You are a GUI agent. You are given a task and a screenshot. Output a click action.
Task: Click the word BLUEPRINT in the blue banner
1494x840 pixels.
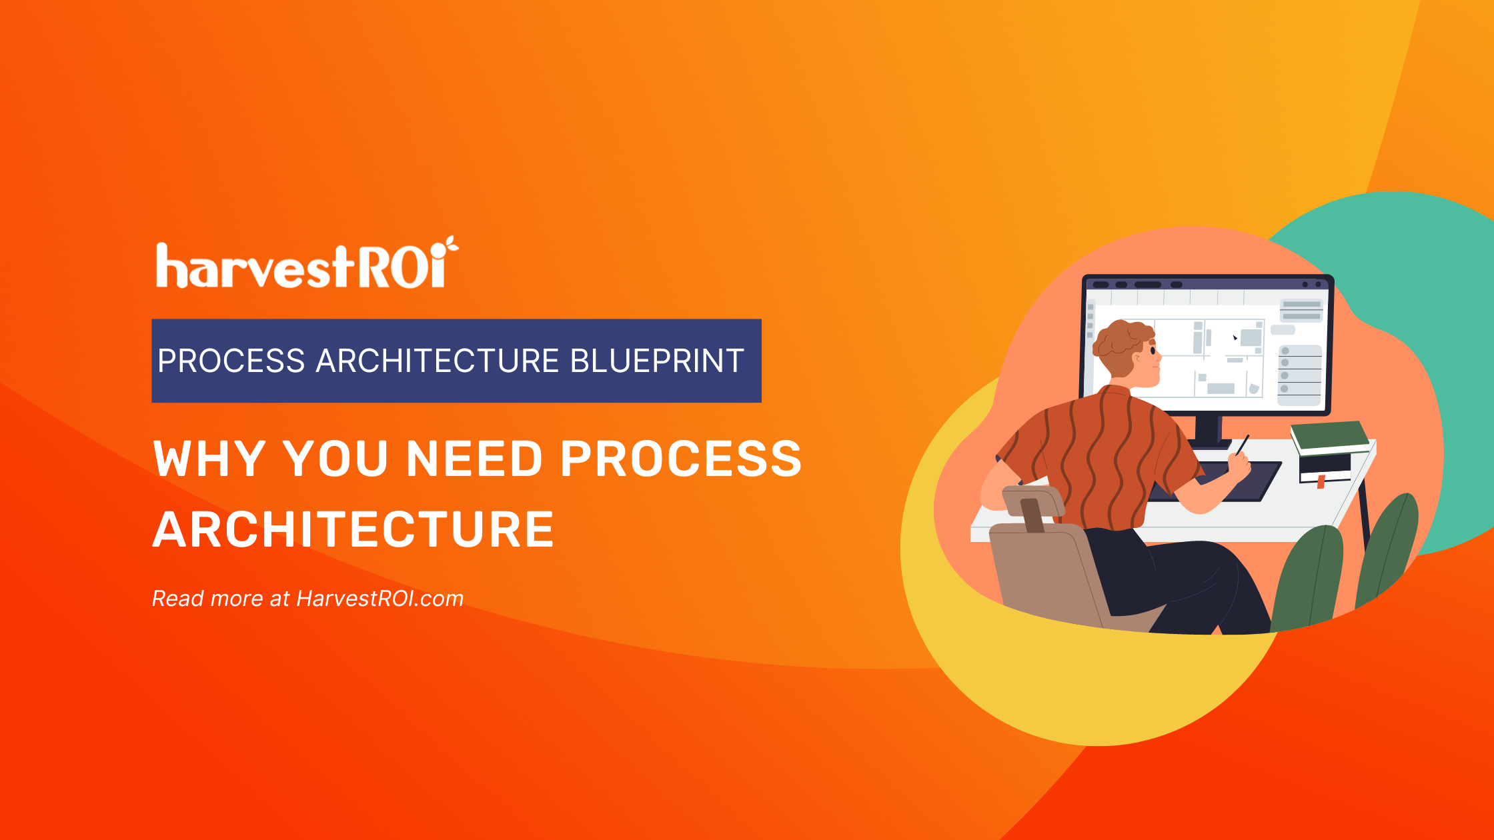(656, 361)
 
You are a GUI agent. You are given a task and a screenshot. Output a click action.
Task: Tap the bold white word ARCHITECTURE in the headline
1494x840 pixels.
(353, 529)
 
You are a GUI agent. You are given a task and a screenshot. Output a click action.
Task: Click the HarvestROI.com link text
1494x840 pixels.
(380, 599)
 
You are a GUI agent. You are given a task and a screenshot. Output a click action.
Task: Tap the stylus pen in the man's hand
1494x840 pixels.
(1242, 445)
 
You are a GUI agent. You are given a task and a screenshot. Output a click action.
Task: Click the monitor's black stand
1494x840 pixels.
(1208, 430)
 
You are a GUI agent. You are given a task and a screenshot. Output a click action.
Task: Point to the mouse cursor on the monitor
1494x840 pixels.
(1235, 338)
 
